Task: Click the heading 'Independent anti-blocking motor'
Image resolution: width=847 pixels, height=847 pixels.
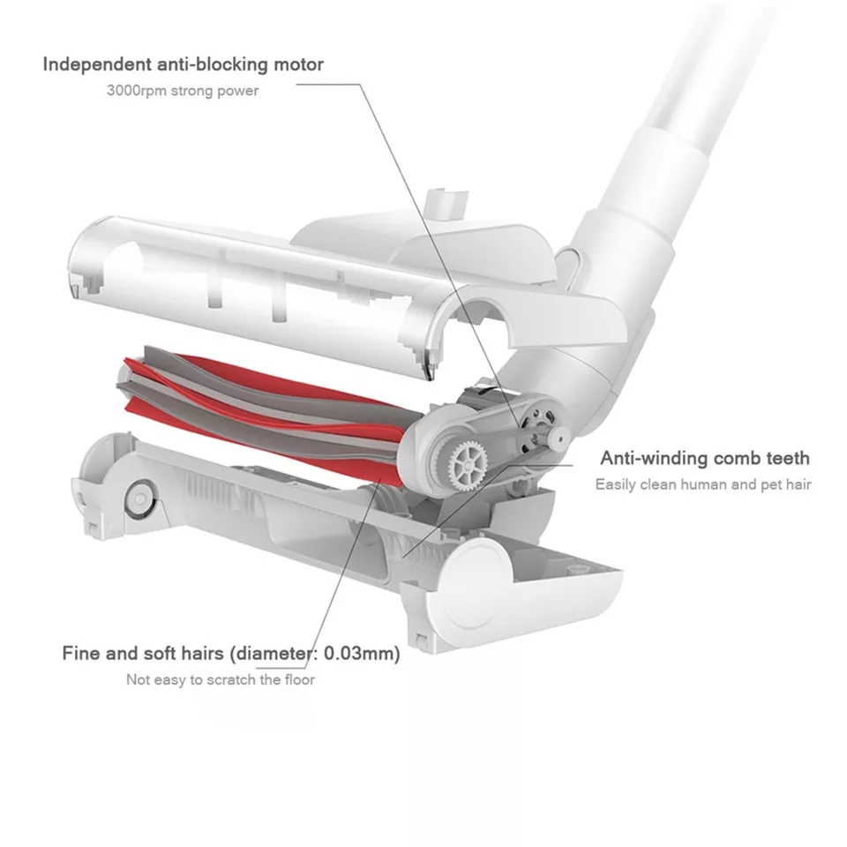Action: click(x=184, y=64)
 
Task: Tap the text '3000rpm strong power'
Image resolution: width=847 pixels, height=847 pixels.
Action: click(x=183, y=91)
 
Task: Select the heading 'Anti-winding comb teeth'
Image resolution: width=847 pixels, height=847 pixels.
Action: click(x=705, y=458)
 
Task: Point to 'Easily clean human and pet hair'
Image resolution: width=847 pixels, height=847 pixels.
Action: click(x=703, y=484)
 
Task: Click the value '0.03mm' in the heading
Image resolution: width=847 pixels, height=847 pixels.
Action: click(x=362, y=653)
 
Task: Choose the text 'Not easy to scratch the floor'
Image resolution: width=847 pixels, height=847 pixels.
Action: click(x=221, y=679)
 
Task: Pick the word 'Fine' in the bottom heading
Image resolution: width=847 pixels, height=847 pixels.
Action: click(x=80, y=653)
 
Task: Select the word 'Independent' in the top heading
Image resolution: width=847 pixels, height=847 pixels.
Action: click(x=96, y=64)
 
